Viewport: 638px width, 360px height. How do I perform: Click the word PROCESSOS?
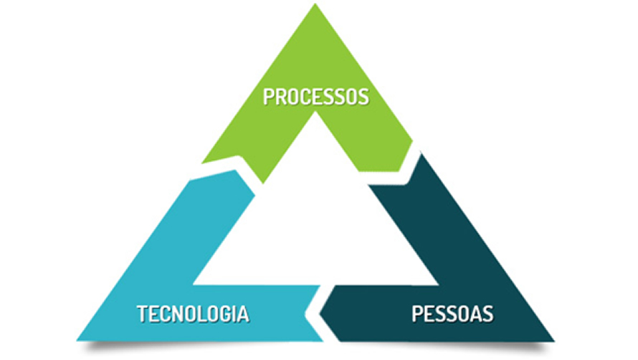[315, 97]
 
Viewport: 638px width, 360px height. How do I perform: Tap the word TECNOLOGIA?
[193, 314]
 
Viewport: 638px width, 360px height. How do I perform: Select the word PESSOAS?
[452, 314]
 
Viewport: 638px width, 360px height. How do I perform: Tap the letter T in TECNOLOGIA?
[142, 314]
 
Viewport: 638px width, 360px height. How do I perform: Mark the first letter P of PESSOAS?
[417, 314]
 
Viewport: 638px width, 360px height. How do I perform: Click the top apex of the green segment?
[315, 5]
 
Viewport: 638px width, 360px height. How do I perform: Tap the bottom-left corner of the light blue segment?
[77, 339]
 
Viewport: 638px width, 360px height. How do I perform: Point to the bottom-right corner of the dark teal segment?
[553, 339]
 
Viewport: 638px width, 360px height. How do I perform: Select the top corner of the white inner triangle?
[315, 113]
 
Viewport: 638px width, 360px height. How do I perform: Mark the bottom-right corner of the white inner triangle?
[437, 284]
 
